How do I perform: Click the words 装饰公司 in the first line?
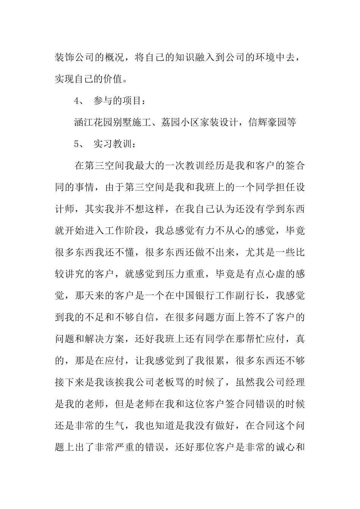click(x=80, y=57)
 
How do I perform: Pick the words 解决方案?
click(x=105, y=338)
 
